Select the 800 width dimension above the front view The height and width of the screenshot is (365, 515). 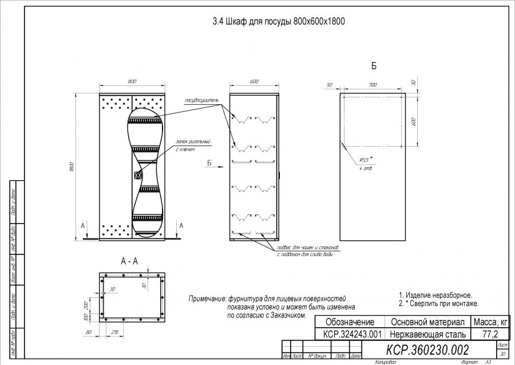133,81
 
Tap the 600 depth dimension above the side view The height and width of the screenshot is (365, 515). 254,81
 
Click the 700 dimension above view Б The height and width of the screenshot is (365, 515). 373,85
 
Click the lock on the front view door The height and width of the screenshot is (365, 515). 137,175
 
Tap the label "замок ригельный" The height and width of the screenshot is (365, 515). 193,142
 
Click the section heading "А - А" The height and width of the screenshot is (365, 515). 129,261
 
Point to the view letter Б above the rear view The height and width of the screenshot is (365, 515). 374,66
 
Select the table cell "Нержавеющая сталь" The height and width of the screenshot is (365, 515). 427,333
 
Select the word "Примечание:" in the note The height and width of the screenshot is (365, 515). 207,299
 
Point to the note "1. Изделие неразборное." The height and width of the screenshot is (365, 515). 435,295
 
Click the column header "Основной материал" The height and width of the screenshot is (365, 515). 427,322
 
